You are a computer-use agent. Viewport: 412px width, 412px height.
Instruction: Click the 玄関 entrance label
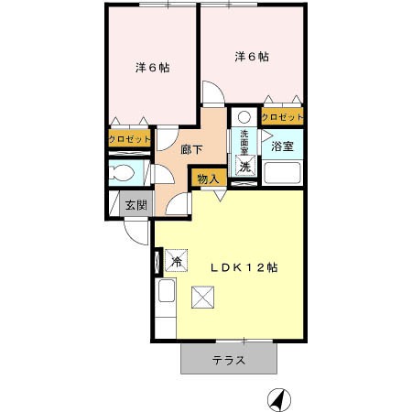[x=136, y=205]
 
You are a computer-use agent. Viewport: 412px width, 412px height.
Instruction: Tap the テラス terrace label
[x=229, y=361]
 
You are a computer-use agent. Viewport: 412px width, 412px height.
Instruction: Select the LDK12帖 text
[x=244, y=267]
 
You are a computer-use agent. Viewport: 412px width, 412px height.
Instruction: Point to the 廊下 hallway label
[x=191, y=150]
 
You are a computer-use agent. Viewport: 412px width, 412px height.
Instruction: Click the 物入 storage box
[x=209, y=179]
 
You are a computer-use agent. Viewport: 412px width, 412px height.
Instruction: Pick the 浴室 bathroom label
[x=282, y=146]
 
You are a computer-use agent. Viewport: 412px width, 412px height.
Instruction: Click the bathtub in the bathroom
[x=282, y=173]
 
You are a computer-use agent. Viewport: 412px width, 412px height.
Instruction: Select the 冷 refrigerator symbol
[x=177, y=261]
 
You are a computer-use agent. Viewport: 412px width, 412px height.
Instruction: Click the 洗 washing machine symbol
[x=245, y=167]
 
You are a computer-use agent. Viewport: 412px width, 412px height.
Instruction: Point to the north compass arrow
[x=279, y=400]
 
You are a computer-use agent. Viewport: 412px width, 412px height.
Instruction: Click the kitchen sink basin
[x=167, y=290]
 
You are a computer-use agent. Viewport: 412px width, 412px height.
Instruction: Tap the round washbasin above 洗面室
[x=244, y=116]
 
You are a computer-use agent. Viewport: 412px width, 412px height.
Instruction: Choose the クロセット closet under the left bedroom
[x=130, y=139]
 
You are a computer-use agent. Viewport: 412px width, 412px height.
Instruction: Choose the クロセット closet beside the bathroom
[x=283, y=116]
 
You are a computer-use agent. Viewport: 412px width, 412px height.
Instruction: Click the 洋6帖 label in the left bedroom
[x=153, y=68]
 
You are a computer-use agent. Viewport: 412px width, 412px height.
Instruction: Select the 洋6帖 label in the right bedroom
[x=252, y=57]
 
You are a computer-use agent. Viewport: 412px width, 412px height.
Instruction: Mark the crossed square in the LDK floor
[x=202, y=298]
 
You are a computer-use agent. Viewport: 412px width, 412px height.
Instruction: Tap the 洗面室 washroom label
[x=244, y=143]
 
